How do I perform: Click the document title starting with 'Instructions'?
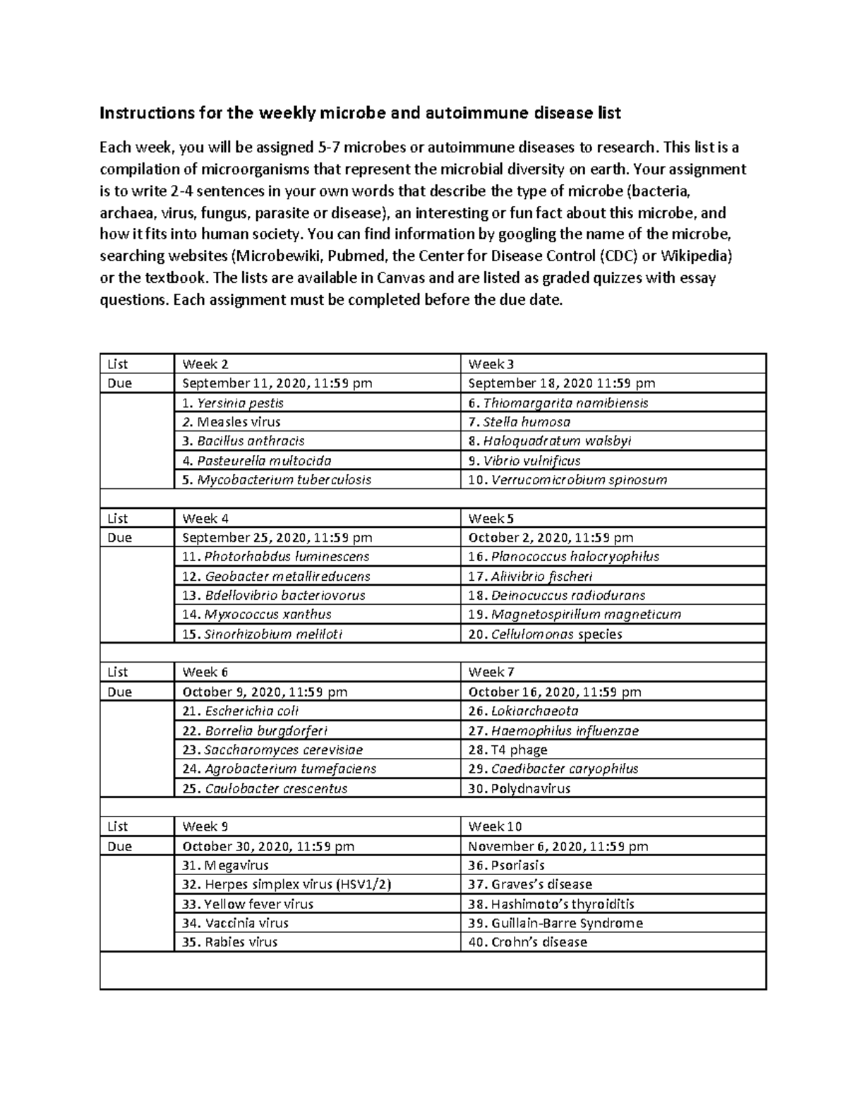coord(360,113)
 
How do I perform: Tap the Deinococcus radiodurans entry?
coord(557,595)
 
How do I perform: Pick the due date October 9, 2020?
coord(265,692)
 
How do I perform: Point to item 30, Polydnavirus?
coord(519,788)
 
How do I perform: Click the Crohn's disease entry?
coord(528,941)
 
